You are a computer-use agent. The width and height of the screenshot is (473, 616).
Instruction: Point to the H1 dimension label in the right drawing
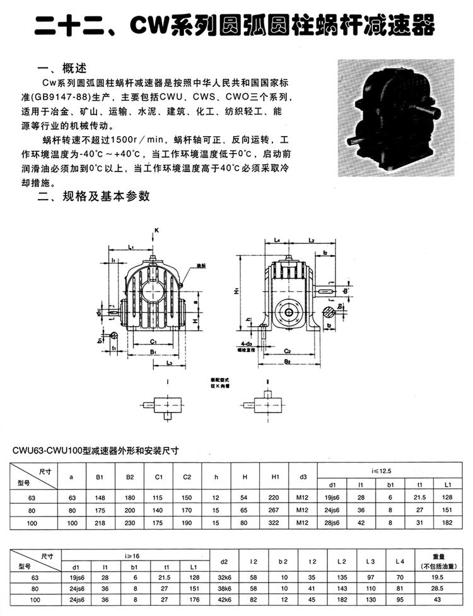(x=234, y=292)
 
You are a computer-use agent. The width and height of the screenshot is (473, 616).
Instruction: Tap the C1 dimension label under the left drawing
(x=154, y=341)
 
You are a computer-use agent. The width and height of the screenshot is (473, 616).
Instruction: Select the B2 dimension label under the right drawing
(x=286, y=362)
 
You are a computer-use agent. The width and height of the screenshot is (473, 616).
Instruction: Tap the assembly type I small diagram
(x=166, y=406)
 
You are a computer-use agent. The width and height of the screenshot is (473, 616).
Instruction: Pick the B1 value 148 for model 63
(x=100, y=498)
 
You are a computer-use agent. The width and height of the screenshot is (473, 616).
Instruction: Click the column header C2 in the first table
(x=187, y=477)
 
